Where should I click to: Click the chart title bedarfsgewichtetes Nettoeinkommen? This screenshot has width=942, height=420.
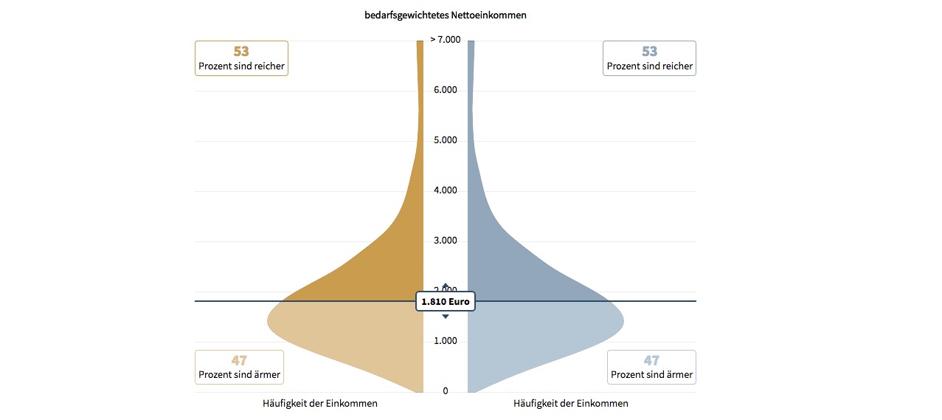point(445,15)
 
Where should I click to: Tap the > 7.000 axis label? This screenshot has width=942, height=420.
point(445,40)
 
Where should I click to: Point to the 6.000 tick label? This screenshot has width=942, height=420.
point(445,90)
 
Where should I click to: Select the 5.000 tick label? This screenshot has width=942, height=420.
point(445,140)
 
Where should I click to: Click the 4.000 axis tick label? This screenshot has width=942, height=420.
point(445,190)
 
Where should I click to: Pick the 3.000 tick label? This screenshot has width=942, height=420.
point(445,241)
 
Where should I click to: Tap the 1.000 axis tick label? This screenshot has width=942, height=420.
point(445,341)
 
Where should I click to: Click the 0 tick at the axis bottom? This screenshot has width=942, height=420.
point(445,391)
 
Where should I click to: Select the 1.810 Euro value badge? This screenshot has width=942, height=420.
point(445,301)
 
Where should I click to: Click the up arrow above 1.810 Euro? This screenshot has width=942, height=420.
point(446,286)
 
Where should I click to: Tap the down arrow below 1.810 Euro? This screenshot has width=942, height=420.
point(446,317)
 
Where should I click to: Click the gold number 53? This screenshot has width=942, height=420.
point(241,52)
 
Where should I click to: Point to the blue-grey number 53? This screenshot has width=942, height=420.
point(649,52)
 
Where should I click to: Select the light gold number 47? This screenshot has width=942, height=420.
point(239,361)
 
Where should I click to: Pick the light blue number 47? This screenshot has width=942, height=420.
point(651,361)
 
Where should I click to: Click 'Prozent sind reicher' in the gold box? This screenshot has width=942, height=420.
point(241,66)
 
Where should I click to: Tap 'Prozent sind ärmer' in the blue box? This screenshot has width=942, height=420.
point(651,375)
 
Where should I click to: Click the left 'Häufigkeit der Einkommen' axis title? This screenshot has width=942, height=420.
point(320,404)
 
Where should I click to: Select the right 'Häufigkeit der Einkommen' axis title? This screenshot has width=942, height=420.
point(571,404)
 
